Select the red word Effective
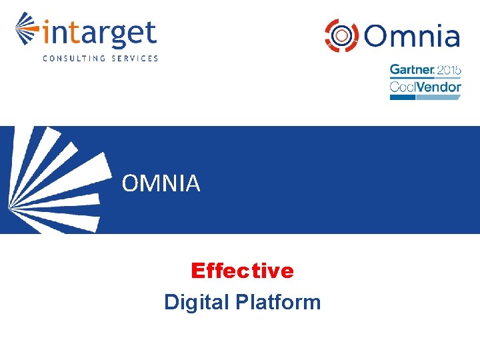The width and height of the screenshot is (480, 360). (242, 271)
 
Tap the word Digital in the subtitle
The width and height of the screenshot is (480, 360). (197, 303)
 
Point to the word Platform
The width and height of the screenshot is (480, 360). (278, 302)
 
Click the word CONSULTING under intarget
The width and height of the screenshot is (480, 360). (74, 58)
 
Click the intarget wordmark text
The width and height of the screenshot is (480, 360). (99, 34)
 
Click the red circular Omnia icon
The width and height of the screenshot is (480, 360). (339, 34)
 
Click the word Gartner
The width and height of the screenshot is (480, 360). (412, 69)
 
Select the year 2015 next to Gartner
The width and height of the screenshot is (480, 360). (449, 69)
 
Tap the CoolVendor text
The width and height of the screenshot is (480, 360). (425, 86)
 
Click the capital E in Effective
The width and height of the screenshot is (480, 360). (197, 271)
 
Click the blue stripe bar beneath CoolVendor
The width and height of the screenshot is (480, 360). (425, 97)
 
